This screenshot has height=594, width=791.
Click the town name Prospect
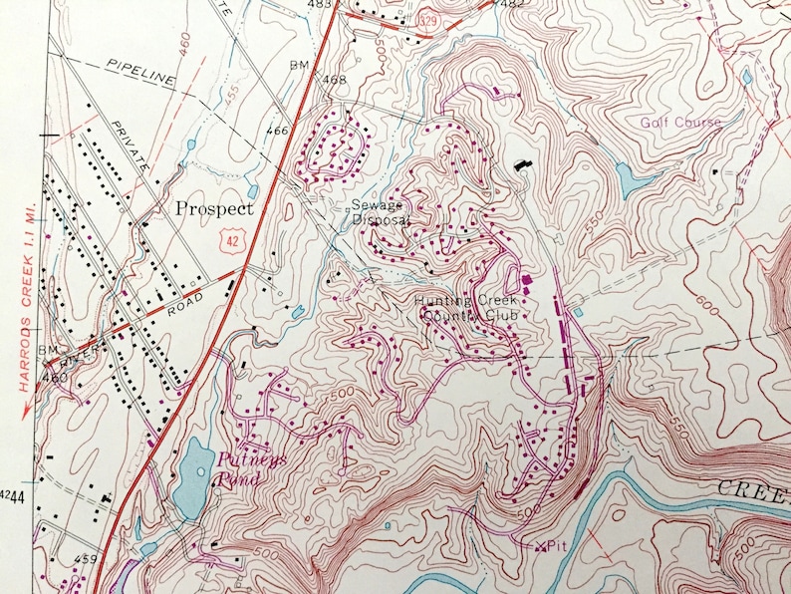point(214,208)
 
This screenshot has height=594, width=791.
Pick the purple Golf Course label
point(679,122)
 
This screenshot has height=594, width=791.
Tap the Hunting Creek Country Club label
point(454,307)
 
